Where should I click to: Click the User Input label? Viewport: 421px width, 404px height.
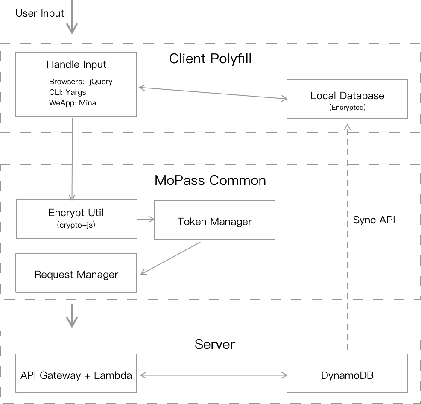(x=40, y=13)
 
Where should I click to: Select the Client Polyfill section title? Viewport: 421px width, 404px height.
(x=210, y=59)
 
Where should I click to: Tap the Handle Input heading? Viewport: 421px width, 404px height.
(x=76, y=64)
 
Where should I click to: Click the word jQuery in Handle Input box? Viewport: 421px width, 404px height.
(x=101, y=82)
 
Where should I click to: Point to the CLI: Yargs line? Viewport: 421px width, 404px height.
(x=67, y=92)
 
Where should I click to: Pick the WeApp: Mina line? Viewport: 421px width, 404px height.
(x=73, y=103)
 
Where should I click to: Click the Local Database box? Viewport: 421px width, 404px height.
(x=347, y=99)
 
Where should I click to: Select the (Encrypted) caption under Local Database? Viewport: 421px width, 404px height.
(x=347, y=108)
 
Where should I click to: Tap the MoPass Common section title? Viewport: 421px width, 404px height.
(x=210, y=180)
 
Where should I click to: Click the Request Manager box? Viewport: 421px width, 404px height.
(x=76, y=274)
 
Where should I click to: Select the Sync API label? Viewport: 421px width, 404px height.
(x=374, y=220)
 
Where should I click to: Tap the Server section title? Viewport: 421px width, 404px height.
(x=215, y=344)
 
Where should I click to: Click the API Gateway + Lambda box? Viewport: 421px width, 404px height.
(x=76, y=375)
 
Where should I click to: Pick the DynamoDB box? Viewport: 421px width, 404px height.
(x=347, y=375)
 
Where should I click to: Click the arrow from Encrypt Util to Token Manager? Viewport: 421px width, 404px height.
(x=146, y=220)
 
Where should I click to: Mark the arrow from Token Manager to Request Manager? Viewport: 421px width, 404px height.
(x=171, y=258)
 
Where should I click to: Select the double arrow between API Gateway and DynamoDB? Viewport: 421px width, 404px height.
(x=212, y=375)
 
